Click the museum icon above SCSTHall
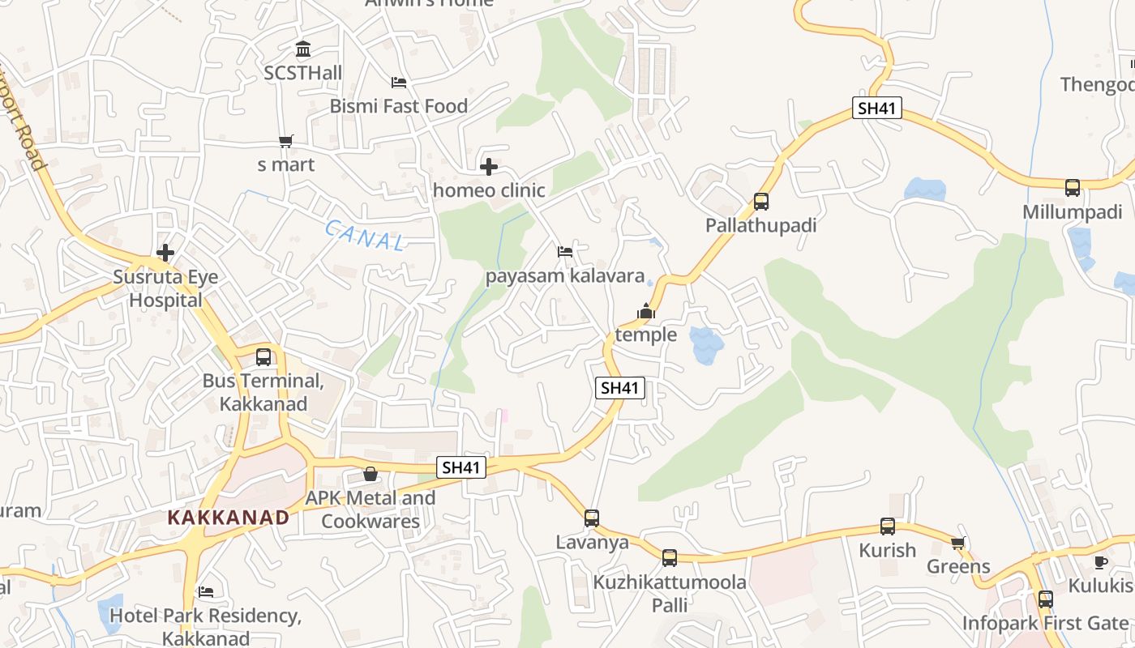(x=303, y=49)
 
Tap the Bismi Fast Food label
(x=398, y=106)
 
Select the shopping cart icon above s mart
(x=285, y=142)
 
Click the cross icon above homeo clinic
(x=489, y=168)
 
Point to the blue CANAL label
(x=365, y=235)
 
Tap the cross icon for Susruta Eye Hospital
(x=165, y=253)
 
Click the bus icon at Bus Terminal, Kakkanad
(x=263, y=356)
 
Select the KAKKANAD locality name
(x=228, y=517)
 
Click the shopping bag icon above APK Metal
(x=370, y=474)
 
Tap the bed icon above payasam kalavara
(x=565, y=252)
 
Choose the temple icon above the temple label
(x=645, y=311)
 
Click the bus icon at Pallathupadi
(x=760, y=202)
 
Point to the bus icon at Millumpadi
(x=1073, y=188)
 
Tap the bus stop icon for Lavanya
(x=592, y=518)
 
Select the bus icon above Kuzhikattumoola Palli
(x=669, y=557)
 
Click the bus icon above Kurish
(x=888, y=526)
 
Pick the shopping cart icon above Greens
(x=958, y=543)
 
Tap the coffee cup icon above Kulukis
(x=1101, y=562)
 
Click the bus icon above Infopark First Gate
(x=1046, y=599)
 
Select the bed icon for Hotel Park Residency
(x=206, y=592)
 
